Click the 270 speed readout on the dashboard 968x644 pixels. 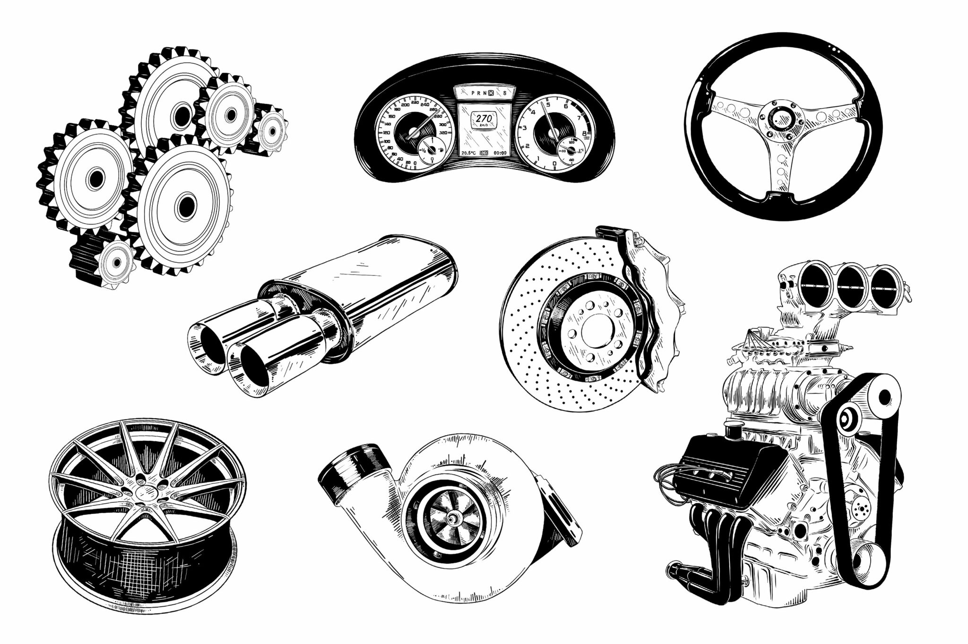point(484,118)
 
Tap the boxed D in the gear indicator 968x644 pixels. point(492,93)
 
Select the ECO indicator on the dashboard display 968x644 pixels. point(484,153)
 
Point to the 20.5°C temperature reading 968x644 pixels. point(468,153)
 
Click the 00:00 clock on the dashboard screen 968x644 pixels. point(498,153)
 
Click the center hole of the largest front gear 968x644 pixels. point(186,204)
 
